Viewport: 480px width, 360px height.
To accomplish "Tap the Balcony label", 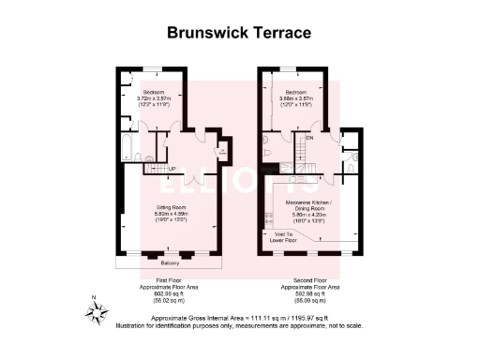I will pyautogui.click(x=171, y=263).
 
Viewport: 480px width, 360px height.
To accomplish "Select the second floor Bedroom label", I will pyautogui.click(x=295, y=91).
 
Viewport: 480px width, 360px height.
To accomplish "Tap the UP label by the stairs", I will pyautogui.click(x=172, y=169).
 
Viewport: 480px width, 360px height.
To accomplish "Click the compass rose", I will pyautogui.click(x=97, y=310).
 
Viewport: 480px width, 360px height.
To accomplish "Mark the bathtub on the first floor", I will pyautogui.click(x=127, y=147).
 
